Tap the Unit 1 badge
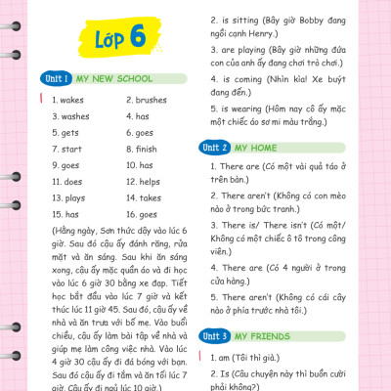point(55,77)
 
